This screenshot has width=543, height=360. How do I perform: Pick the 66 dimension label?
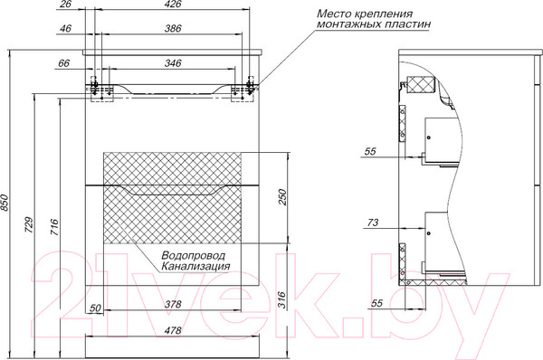[63, 65]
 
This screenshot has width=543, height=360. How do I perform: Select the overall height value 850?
[7, 204]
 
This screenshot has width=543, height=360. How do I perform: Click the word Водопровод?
[194, 255]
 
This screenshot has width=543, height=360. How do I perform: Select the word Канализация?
[195, 267]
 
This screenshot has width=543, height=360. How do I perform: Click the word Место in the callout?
[333, 15]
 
